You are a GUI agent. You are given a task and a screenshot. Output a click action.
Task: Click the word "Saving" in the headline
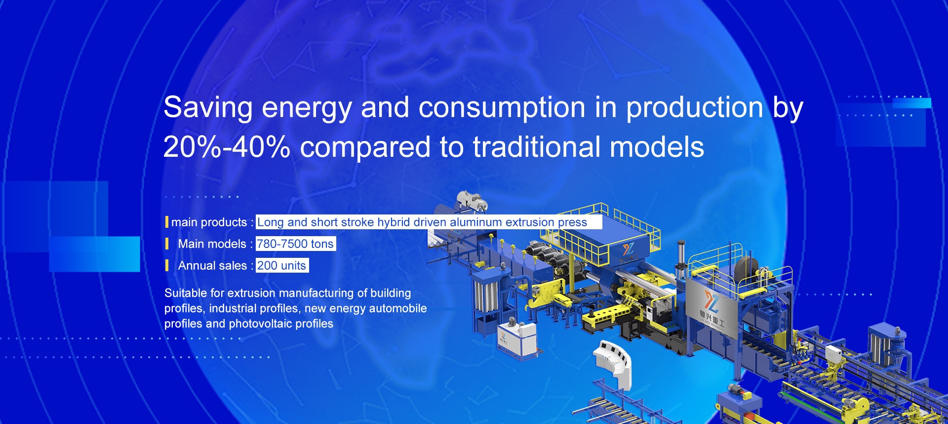coord(208,108)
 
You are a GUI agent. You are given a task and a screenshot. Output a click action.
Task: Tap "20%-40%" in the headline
coord(226,147)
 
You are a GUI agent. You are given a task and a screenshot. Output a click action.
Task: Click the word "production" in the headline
coord(694,108)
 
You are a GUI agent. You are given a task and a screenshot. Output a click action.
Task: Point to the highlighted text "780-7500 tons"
coord(295,244)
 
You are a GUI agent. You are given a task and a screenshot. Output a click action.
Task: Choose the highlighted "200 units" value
coord(281,265)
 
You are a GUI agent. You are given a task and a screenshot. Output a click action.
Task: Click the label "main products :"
coord(212,222)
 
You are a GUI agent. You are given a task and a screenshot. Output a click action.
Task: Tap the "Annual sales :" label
coord(215,266)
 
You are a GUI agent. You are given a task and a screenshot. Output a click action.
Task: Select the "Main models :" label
coord(215,244)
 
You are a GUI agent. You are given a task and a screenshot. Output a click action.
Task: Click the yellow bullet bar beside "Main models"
coord(167,244)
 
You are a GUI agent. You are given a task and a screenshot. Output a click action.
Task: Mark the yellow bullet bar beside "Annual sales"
coord(167,265)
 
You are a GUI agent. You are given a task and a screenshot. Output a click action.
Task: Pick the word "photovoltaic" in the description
coord(260,324)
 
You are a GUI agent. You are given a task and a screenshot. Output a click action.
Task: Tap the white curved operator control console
coord(613,363)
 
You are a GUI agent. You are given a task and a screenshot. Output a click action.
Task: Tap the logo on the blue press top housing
coord(628,248)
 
